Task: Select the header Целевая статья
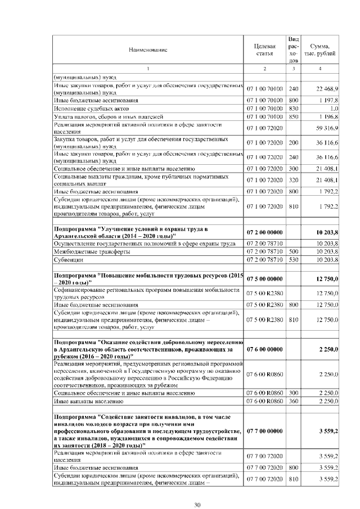coord(264,50)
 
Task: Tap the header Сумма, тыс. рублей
coord(320,50)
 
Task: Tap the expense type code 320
coord(293,179)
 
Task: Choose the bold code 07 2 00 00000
coord(264,232)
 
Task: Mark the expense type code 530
coord(293,260)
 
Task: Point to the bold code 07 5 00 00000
coord(264,278)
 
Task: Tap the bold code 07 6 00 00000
coord(264,349)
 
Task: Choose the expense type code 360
coord(293,402)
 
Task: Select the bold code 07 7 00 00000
coord(264,431)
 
